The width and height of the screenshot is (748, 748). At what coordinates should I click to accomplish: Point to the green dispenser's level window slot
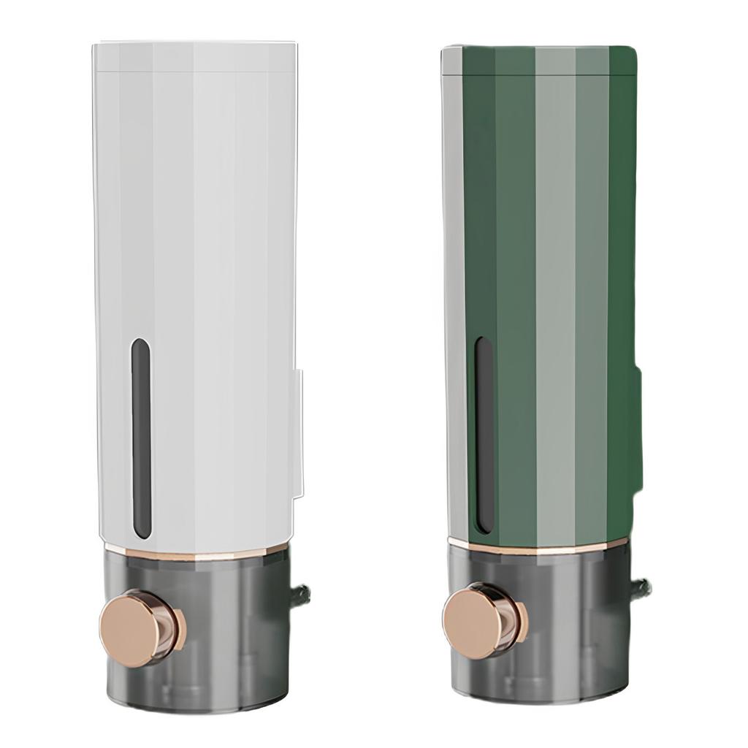point(483,434)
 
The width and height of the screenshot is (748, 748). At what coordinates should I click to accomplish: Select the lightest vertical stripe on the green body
point(555,292)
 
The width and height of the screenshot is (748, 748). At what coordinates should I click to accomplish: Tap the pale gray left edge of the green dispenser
point(451,292)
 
